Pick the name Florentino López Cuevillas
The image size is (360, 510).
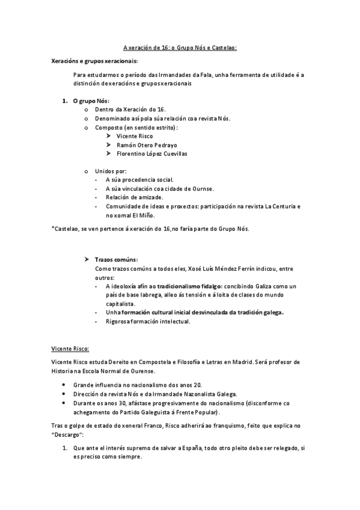tap(151, 153)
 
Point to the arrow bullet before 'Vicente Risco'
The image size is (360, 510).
tap(109, 137)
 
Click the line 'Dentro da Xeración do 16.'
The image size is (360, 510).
tap(130, 109)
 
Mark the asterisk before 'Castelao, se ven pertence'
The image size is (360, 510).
tap(52, 229)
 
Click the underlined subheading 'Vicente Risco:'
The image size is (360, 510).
tap(70, 349)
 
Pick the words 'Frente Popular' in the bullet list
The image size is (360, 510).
tap(195, 413)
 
